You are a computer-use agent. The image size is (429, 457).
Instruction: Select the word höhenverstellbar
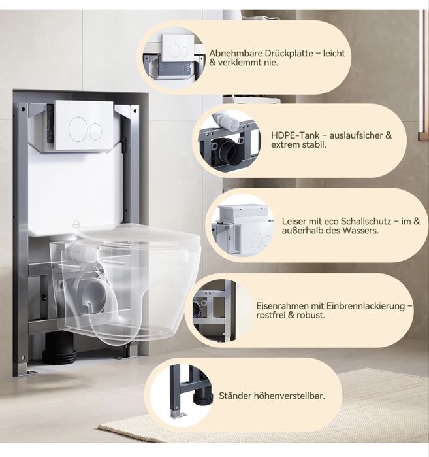click(289, 396)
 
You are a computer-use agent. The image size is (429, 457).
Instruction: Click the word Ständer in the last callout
click(235, 396)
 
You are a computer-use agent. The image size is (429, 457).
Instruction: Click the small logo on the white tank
click(76, 223)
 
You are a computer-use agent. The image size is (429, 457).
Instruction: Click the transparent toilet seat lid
click(136, 233)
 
